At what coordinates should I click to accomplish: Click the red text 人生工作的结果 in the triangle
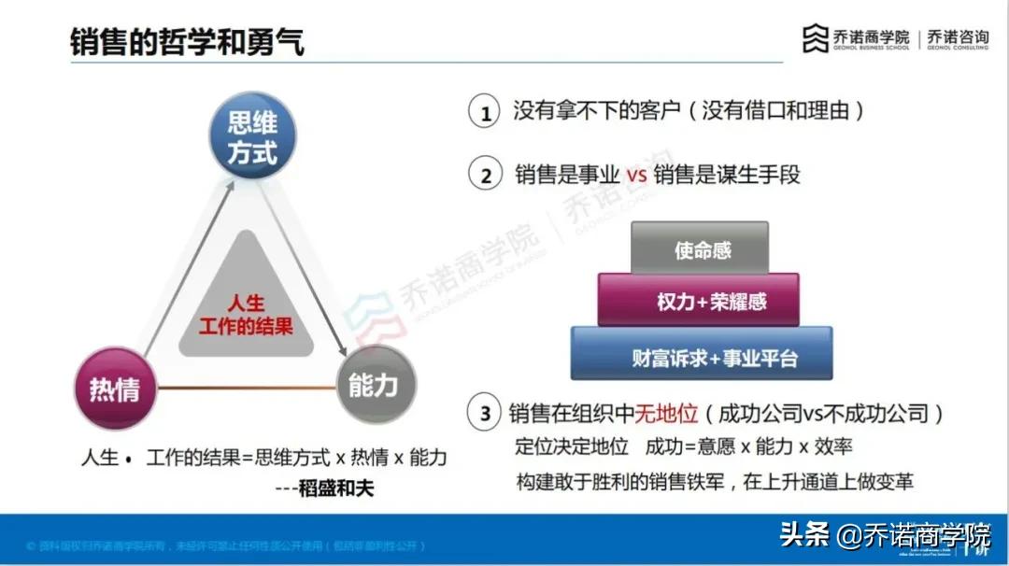(246, 316)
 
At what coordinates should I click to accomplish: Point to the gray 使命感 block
(701, 248)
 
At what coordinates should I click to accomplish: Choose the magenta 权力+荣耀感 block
(699, 301)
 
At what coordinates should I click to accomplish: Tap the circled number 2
(485, 175)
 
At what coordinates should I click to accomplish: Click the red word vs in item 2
(635, 175)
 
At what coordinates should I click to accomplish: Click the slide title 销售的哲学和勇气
(187, 41)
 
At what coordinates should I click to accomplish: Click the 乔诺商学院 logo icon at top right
(816, 38)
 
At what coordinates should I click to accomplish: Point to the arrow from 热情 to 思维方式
(182, 266)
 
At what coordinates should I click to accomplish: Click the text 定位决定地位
(572, 447)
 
